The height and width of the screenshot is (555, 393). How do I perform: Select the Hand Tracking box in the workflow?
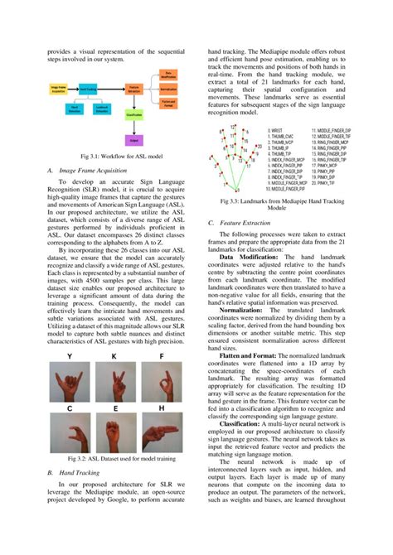[87, 88]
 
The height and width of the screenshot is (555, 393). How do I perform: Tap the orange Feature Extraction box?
[134, 88]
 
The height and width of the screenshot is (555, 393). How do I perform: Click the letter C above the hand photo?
[70, 409]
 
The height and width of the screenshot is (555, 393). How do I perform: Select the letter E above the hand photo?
[115, 409]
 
